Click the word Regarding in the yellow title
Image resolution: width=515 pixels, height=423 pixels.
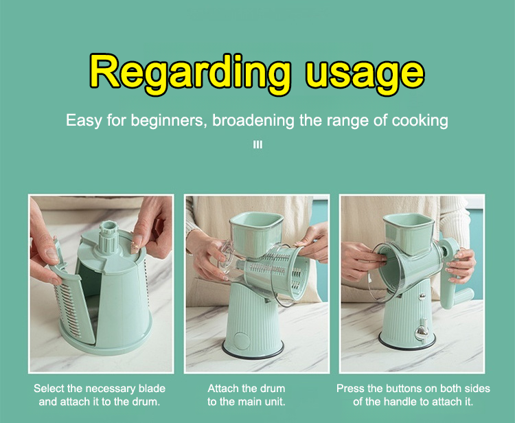click(x=190, y=73)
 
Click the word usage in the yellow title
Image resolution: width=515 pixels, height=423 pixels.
click(x=364, y=76)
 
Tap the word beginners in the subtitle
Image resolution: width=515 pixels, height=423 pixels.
click(x=167, y=121)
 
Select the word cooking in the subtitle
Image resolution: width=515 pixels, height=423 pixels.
click(x=420, y=121)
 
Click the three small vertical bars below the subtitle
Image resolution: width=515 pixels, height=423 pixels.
click(x=257, y=144)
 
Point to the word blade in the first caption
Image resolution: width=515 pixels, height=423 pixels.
click(x=152, y=389)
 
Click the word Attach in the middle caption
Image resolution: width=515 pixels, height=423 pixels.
click(x=222, y=389)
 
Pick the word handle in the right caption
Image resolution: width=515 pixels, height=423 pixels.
click(x=400, y=402)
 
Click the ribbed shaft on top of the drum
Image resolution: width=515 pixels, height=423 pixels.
click(x=108, y=238)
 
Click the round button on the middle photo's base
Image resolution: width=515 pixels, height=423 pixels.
click(x=242, y=341)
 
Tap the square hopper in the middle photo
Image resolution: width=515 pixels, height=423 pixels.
click(x=256, y=233)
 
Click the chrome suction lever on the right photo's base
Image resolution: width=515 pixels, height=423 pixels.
click(x=421, y=332)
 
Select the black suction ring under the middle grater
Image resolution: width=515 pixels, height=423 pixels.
click(x=253, y=352)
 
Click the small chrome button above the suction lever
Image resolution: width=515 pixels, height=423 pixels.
click(x=422, y=297)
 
